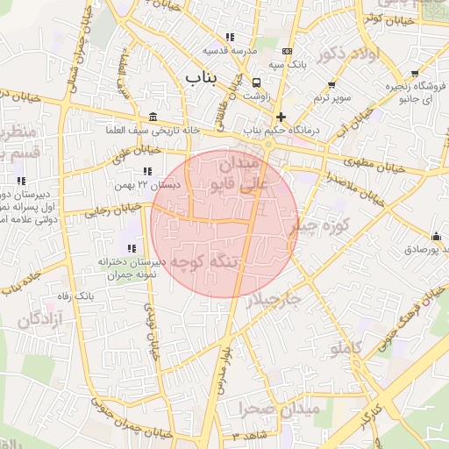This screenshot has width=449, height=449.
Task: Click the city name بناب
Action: click(201, 78)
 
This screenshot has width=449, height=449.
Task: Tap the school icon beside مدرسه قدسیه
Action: click(230, 37)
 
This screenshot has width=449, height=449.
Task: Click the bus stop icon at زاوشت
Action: click(255, 82)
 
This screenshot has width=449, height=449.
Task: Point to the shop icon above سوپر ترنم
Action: click(331, 84)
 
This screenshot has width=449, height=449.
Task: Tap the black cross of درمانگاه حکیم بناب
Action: click(281, 116)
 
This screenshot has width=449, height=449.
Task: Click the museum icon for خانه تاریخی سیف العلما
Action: click(153, 117)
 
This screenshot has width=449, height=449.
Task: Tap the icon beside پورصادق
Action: click(436, 235)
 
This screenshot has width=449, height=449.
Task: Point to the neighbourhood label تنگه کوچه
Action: click(204, 260)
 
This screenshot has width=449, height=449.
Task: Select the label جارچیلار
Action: click(272, 299)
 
